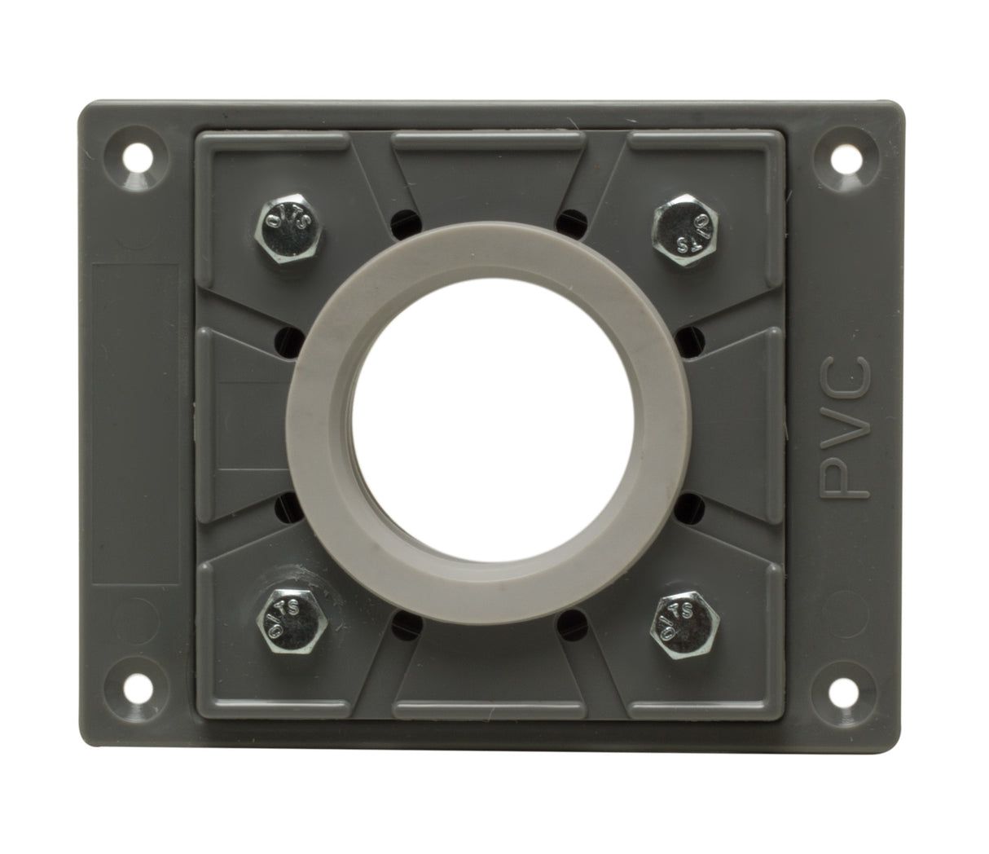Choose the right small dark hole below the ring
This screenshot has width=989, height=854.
tap(578, 627)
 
